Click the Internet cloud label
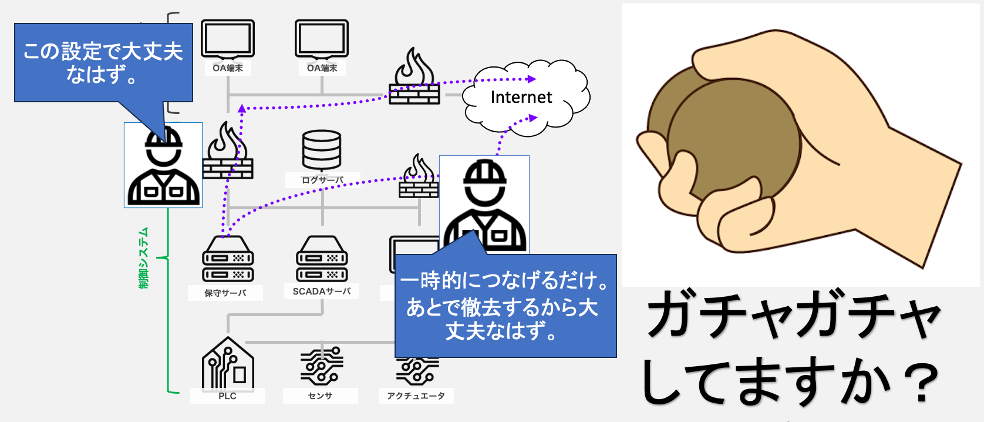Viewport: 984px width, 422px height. point(521,97)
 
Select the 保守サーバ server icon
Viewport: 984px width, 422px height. point(228,259)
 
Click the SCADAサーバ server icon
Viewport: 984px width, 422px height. point(322,259)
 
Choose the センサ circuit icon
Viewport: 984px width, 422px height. point(321,366)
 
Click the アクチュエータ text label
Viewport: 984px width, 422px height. point(416,396)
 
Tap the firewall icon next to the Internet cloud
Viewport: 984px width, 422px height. point(415,79)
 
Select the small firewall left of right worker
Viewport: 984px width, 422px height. point(419,177)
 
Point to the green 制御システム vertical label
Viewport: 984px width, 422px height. point(144,258)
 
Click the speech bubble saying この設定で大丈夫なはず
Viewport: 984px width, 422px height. point(103,62)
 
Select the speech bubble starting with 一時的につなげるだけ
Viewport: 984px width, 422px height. point(505,306)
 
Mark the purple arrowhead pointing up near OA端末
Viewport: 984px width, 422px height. point(242,109)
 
